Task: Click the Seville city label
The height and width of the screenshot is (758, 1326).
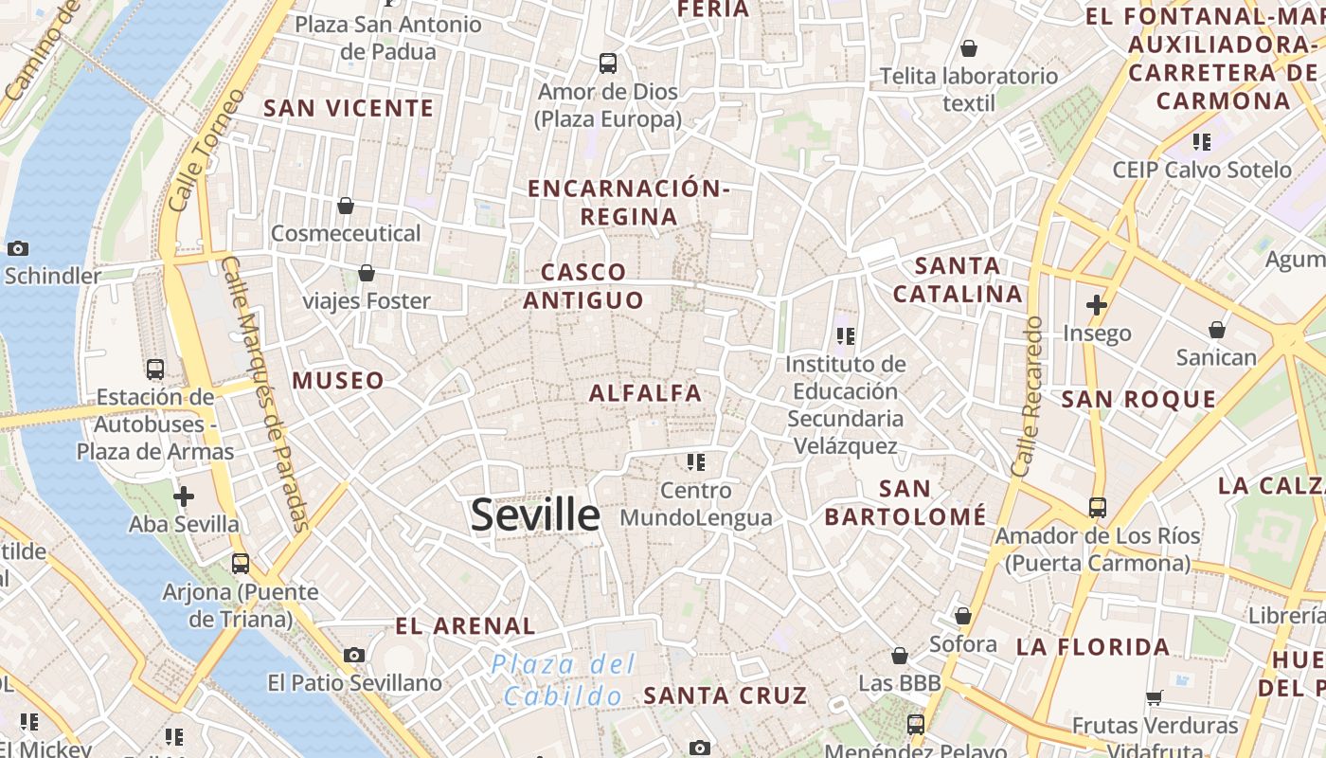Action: [535, 515]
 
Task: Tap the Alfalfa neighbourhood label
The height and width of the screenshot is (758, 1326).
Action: [646, 393]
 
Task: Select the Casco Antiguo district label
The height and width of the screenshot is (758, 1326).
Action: [583, 286]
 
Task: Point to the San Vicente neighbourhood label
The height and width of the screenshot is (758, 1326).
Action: [349, 108]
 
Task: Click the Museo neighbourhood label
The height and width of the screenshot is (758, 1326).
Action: [338, 381]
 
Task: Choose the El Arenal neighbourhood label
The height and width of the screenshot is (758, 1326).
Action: [465, 625]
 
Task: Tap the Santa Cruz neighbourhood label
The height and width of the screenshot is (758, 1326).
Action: [726, 695]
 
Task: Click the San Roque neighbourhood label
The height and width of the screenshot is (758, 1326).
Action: [1138, 399]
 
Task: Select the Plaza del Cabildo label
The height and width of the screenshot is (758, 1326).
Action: [563, 680]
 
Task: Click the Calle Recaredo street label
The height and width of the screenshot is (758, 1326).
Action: [1026, 396]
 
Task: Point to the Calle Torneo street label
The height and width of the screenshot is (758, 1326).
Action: [206, 150]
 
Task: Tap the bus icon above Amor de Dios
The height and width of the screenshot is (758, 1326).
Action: [608, 63]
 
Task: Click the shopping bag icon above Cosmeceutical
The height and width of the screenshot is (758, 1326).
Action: [346, 205]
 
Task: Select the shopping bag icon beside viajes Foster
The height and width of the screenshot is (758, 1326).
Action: [367, 273]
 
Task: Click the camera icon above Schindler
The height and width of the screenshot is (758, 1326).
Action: [17, 248]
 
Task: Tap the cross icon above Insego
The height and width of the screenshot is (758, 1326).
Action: [1097, 305]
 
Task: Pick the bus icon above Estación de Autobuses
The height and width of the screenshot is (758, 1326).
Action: [155, 369]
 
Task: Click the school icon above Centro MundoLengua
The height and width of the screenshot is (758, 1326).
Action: [696, 462]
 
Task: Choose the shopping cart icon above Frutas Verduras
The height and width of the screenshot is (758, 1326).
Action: [1154, 697]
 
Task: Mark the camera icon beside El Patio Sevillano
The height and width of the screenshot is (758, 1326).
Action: [354, 655]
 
